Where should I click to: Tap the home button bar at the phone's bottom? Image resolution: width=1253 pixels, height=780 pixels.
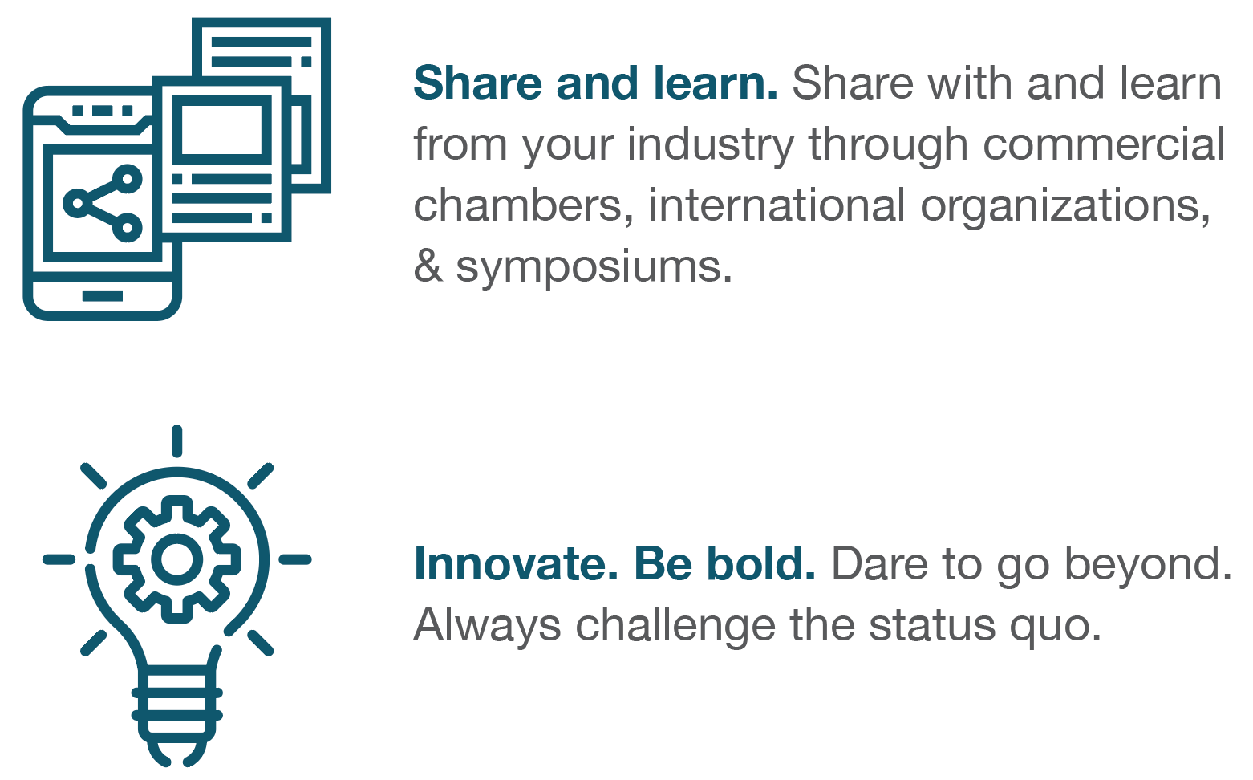click(x=103, y=296)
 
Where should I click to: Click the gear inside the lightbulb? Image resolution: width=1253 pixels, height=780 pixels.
click(x=176, y=559)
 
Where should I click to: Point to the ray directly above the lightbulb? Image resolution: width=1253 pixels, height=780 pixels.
click(x=176, y=441)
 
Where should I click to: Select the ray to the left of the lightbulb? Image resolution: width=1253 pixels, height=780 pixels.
click(x=59, y=559)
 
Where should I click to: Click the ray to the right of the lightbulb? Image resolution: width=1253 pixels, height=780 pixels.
click(x=294, y=559)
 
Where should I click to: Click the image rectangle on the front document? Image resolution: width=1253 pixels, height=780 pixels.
click(x=221, y=130)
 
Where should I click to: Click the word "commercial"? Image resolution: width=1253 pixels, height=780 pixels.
click(x=1104, y=144)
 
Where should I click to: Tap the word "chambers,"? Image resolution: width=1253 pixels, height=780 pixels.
click(x=524, y=207)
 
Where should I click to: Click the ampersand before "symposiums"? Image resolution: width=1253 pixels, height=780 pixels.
click(x=428, y=266)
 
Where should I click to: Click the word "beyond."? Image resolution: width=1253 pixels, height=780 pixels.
click(x=1148, y=565)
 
